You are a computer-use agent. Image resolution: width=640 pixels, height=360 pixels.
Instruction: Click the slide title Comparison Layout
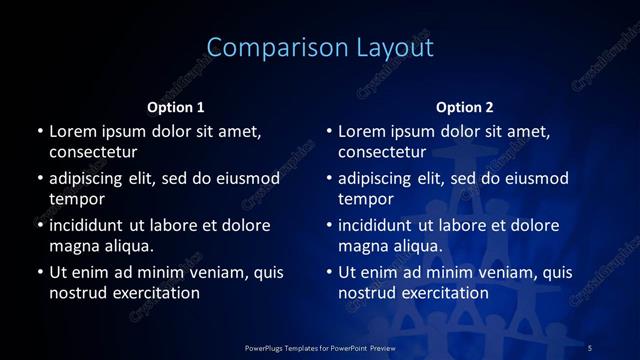tap(320, 48)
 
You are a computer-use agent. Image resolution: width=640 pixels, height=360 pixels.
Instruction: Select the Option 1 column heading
tap(176, 106)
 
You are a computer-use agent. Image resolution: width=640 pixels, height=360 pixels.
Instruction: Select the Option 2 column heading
tap(465, 106)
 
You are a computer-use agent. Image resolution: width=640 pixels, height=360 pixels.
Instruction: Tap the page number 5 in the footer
tap(590, 347)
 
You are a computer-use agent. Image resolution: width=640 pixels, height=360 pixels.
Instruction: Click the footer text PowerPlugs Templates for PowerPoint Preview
tap(320, 347)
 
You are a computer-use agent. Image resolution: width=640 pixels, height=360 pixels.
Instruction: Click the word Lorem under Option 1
tap(72, 131)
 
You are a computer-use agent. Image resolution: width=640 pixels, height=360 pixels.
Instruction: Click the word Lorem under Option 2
tap(362, 131)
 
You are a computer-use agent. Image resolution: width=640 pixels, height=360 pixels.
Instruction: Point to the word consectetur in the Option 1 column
tap(93, 152)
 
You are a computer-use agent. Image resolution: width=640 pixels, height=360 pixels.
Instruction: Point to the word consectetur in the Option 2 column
tap(383, 152)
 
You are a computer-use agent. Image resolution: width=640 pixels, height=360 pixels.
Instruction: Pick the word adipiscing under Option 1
tap(90, 178)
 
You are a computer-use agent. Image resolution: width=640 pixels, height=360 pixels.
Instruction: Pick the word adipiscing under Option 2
tap(380, 178)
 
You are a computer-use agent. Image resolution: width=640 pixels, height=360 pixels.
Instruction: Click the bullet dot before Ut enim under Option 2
tap(329, 272)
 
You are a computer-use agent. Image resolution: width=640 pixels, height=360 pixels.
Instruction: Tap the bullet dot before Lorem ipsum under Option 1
tap(39, 131)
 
